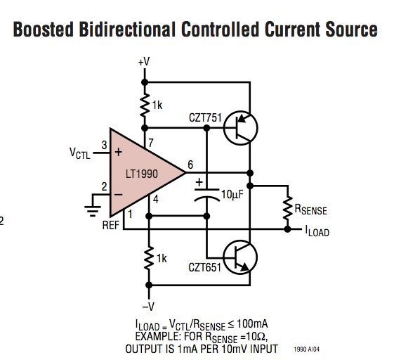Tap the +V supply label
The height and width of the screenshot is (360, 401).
pos(144,62)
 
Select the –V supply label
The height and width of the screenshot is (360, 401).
pos(148,306)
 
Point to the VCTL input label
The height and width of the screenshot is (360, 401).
pos(79,152)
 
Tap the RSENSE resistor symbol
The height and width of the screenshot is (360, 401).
pos(287,207)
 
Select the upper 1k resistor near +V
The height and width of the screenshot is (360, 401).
pos(145,105)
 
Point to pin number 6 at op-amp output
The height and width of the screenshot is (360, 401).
pos(190,165)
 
